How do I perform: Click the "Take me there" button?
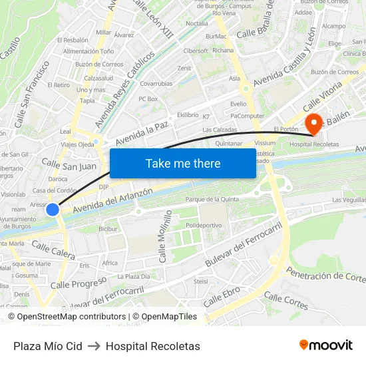[x=183, y=164]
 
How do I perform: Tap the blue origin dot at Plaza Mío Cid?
[x=53, y=210]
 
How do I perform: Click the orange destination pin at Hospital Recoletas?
[x=313, y=122]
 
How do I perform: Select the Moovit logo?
[x=326, y=345]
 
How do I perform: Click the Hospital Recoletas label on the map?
[x=315, y=144]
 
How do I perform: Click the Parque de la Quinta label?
[x=212, y=198]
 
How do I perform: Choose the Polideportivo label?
[x=204, y=226]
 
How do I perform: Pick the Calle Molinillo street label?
[x=164, y=236]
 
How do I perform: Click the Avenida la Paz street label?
[x=144, y=132]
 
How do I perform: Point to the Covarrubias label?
[x=156, y=84]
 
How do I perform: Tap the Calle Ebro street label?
[x=222, y=297]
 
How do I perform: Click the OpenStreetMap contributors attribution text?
[x=67, y=317]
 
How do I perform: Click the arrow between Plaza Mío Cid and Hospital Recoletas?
[x=94, y=346]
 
